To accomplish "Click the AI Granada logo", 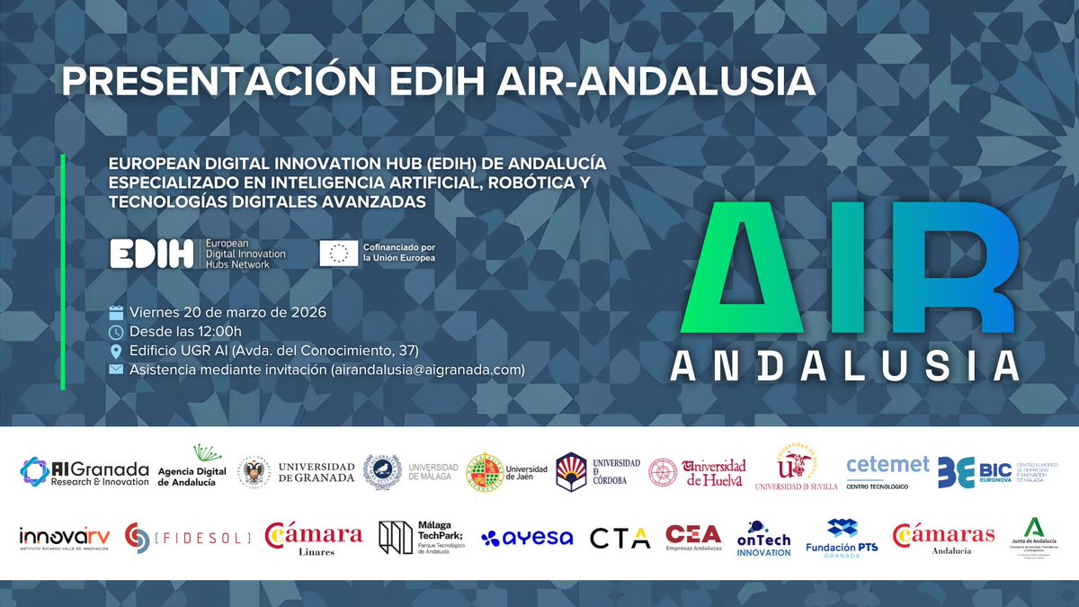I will click(x=84, y=472).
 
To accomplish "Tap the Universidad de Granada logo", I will click(x=297, y=472).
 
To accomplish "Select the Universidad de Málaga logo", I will click(x=410, y=472).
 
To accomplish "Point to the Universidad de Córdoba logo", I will click(x=598, y=471).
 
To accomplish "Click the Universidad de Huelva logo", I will click(x=698, y=472).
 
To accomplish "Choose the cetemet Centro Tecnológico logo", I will click(x=887, y=470).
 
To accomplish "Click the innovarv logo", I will click(x=65, y=539).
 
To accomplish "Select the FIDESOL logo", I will click(x=187, y=538).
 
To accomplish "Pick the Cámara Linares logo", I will click(x=314, y=538).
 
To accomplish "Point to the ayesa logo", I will click(x=527, y=538).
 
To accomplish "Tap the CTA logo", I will click(x=620, y=538).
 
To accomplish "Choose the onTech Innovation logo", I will click(x=763, y=539).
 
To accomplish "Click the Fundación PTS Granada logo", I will click(x=843, y=538).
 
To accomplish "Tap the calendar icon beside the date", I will click(x=116, y=313).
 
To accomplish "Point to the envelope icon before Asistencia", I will click(x=116, y=370).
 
